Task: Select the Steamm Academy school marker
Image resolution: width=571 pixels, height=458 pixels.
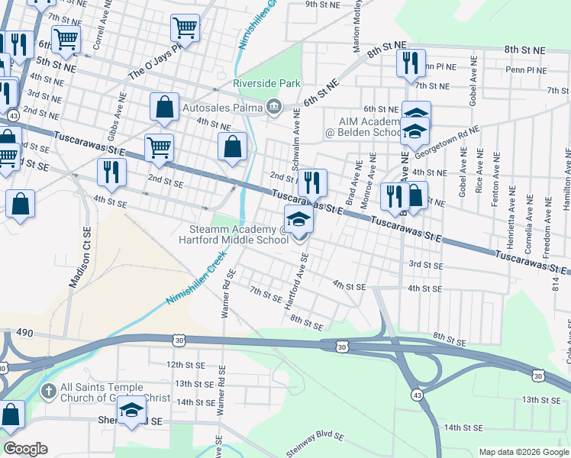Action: click(x=299, y=220)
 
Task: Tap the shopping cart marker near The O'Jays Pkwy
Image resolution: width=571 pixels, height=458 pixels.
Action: click(x=185, y=29)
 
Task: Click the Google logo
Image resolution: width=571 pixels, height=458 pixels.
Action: click(x=25, y=449)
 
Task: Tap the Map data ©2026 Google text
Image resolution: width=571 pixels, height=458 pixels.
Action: click(x=524, y=452)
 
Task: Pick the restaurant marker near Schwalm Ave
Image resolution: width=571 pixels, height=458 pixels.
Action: click(x=311, y=182)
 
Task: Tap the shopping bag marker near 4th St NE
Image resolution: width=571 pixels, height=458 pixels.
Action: click(x=233, y=146)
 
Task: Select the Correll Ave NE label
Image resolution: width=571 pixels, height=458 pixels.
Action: click(x=98, y=29)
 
